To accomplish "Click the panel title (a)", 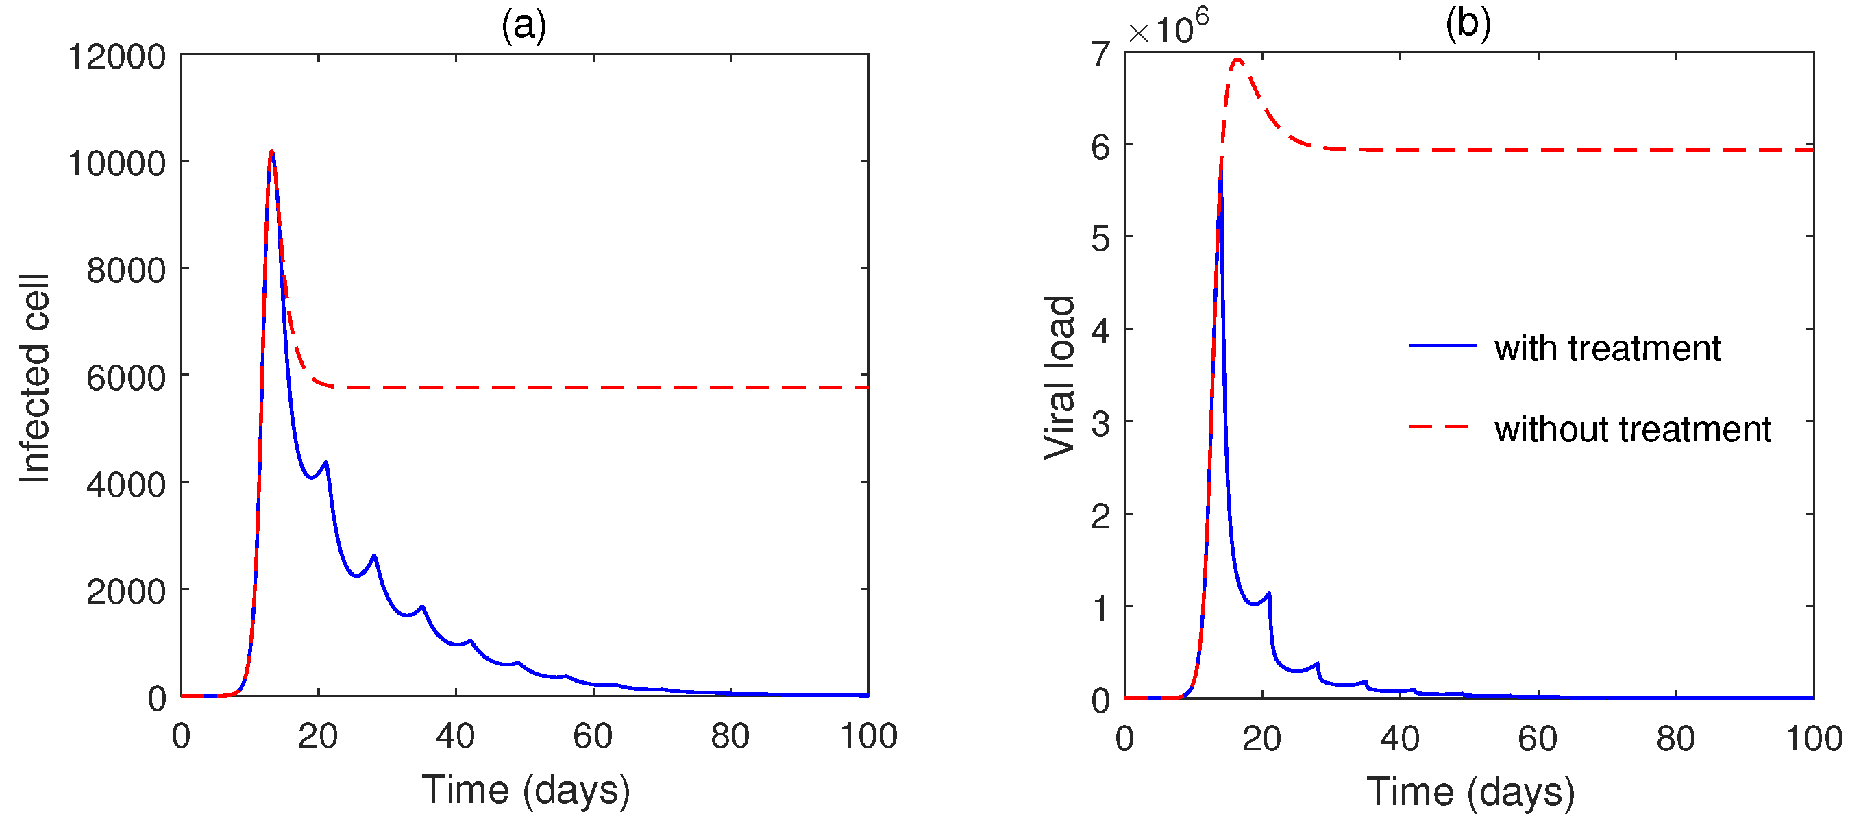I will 523,26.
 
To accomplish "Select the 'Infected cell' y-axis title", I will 34,378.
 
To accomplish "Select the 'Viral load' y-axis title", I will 1060,377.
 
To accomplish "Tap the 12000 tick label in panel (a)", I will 116,56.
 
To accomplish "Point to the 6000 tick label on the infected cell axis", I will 125,378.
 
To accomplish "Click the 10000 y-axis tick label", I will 116,164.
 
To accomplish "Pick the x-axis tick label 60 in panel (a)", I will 593,736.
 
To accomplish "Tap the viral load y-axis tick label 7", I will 1100,54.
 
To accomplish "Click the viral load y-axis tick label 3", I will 1100,424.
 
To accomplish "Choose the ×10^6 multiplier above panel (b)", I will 1168,29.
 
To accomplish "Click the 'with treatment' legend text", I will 1607,348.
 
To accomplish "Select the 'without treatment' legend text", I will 1633,429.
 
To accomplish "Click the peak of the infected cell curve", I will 271,152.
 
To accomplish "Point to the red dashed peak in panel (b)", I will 1237,60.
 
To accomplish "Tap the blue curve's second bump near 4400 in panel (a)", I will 326,463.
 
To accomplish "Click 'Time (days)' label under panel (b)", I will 1470,792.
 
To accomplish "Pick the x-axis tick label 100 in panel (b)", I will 1813,739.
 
